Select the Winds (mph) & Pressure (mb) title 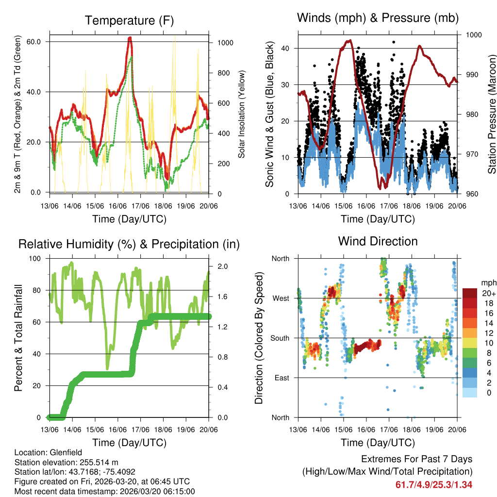tap(378, 18)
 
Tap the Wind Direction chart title tap(378, 241)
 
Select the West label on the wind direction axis tap(280, 298)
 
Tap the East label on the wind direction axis tap(281, 378)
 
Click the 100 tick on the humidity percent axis tap(35, 258)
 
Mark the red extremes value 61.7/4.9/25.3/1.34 tap(434, 484)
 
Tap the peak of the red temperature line tap(130, 38)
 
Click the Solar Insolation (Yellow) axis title tap(241, 114)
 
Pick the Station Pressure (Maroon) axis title tap(491, 114)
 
